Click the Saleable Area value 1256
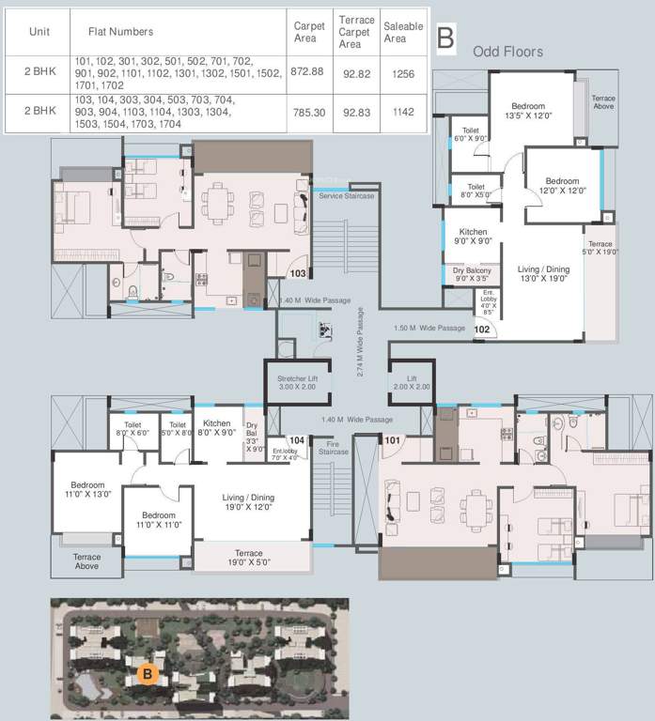[x=402, y=72]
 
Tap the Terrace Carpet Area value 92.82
[x=356, y=72]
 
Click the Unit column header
[x=39, y=31]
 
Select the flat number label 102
[x=482, y=330]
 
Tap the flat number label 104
[x=297, y=439]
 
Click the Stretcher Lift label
[x=297, y=381]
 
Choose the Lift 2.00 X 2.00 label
[x=411, y=381]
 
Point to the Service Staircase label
[x=346, y=195]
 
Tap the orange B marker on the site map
[x=146, y=672]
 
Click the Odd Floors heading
[x=507, y=52]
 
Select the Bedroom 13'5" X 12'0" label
[x=530, y=112]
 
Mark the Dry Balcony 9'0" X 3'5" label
[x=473, y=275]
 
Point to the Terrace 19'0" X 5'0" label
[x=249, y=559]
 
